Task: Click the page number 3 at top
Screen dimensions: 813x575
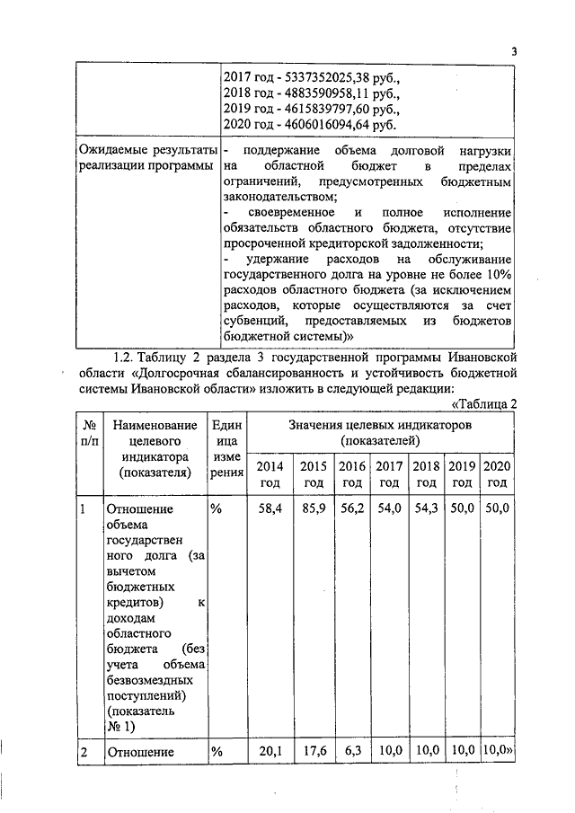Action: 515,51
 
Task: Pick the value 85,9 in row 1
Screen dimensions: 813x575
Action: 312,508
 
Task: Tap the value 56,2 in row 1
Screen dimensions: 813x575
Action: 351,508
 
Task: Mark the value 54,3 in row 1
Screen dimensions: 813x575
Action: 425,508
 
